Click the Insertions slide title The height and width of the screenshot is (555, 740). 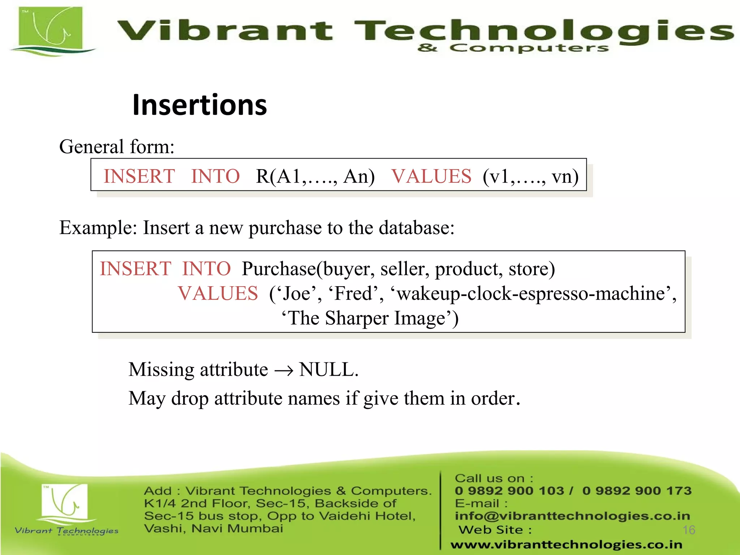pos(199,105)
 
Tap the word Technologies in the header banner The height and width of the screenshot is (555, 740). pos(542,31)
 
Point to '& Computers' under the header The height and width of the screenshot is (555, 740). pos(513,48)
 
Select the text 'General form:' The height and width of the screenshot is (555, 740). pos(117,147)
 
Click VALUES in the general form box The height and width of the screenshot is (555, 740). pos(431,176)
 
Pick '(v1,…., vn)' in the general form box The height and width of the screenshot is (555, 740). pos(530,176)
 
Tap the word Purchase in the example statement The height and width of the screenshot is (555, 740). pos(279,269)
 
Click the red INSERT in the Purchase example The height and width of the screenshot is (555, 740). pos(135,269)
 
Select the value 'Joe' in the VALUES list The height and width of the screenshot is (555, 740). pos(296,293)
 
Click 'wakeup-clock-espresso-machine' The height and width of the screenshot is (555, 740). pos(531,293)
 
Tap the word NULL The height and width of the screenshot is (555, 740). pos(327,370)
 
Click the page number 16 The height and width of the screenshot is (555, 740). pos(689,530)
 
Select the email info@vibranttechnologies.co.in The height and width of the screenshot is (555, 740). pos(572,516)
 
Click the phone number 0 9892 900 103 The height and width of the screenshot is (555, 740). pos(509,491)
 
